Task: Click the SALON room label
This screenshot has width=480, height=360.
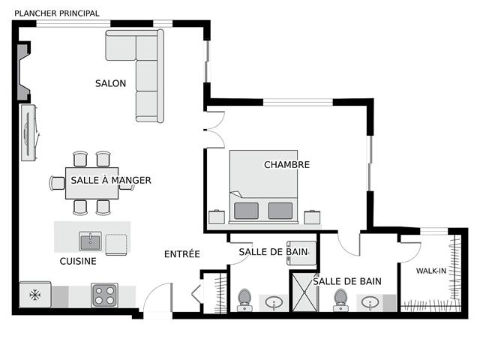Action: point(110,83)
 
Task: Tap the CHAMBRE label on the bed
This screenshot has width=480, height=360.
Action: point(286,165)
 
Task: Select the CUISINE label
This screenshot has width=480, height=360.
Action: point(78,261)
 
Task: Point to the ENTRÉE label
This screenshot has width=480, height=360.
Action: point(182,253)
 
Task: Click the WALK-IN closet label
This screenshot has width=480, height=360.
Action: point(431,271)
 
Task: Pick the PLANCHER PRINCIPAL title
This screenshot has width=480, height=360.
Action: point(57,13)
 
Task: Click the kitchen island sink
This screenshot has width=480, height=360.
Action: point(90,241)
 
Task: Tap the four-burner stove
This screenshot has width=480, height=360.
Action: point(104,295)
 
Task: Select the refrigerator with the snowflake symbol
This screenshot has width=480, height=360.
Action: point(35,295)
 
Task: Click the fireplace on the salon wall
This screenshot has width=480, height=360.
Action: point(23,72)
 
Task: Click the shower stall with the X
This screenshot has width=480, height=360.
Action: point(305,292)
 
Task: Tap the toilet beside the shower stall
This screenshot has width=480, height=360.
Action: point(340,300)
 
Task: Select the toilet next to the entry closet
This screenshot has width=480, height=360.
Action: point(244,300)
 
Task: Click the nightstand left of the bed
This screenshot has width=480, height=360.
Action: point(217,217)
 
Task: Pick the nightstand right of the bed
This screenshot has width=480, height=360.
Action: point(312,217)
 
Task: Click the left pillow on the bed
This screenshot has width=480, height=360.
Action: point(246,211)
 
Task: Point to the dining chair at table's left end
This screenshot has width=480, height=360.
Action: point(57,183)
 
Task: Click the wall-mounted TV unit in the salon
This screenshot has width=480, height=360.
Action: point(29,132)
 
